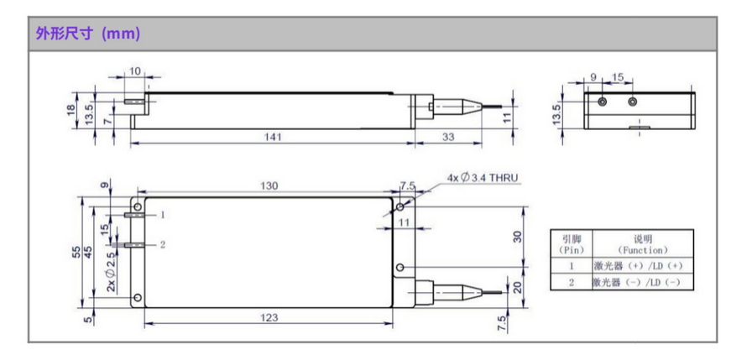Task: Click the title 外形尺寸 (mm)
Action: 88,34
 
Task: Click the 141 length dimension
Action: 273,137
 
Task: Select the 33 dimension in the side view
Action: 447,137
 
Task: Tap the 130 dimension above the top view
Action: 269,186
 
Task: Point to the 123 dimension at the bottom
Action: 268,317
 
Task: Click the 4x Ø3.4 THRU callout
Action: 483,178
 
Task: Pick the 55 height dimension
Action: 76,252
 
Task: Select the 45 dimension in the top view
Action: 89,252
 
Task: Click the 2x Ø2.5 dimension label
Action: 111,272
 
